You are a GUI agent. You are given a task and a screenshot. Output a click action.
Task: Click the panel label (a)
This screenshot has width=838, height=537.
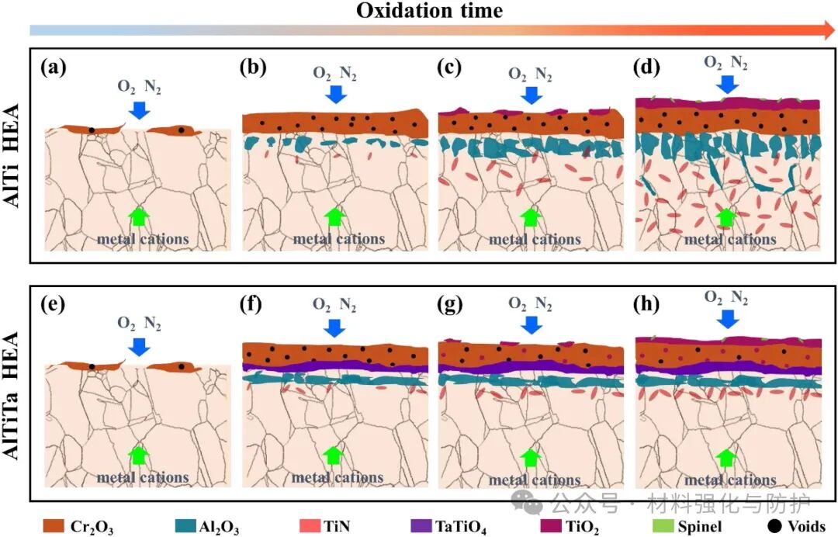pyautogui.click(x=54, y=67)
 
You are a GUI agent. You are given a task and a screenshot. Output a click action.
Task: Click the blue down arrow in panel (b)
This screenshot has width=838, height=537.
pyautogui.click(x=335, y=93)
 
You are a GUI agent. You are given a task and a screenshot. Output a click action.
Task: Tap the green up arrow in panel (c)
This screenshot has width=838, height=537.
pyautogui.click(x=530, y=217)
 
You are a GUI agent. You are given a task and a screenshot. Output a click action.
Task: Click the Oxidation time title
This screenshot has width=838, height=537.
pyautogui.click(x=429, y=11)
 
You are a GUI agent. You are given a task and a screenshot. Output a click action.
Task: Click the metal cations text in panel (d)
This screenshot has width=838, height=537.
pyautogui.click(x=729, y=238)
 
